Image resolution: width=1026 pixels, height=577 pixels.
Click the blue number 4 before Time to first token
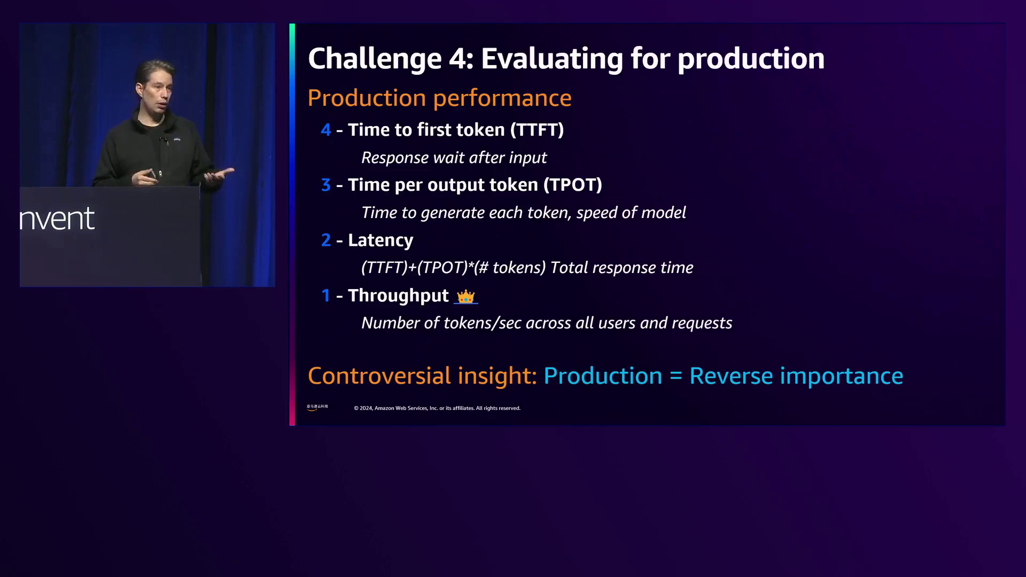(x=326, y=130)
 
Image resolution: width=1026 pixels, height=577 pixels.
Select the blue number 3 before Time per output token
(x=326, y=185)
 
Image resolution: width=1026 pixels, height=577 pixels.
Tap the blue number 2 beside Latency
(x=326, y=240)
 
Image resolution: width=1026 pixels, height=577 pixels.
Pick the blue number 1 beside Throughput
(x=326, y=295)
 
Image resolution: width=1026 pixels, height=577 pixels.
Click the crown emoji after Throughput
(x=465, y=297)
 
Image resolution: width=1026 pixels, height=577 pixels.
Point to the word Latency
(x=380, y=241)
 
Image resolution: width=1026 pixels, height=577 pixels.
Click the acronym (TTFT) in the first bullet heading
(x=537, y=130)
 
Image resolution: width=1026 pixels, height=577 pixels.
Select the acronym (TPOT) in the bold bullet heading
(x=573, y=185)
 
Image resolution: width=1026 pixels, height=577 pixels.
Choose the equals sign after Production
(x=676, y=377)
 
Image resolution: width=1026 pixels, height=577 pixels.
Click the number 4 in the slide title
(x=457, y=58)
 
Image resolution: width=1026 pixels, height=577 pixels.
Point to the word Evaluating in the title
(x=552, y=59)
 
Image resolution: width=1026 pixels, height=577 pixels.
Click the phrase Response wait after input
(x=454, y=158)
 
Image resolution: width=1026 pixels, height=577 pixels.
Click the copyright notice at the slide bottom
(x=437, y=408)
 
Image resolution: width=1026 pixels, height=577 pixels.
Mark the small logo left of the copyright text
(x=317, y=407)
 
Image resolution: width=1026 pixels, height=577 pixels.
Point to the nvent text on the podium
(x=57, y=219)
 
